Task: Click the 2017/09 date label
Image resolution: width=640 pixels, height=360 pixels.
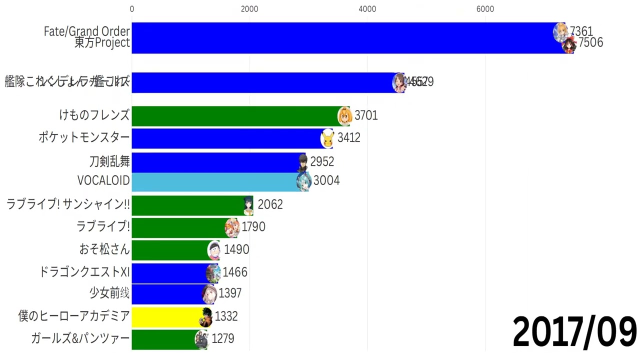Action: (574, 332)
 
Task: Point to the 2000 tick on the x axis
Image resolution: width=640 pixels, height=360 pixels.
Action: (249, 9)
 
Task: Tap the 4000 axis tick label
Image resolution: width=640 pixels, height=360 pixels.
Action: (367, 9)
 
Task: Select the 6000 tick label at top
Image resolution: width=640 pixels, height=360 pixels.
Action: (485, 9)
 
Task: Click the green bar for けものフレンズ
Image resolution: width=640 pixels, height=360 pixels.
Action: (235, 116)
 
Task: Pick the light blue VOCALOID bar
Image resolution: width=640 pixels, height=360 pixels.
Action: (215, 181)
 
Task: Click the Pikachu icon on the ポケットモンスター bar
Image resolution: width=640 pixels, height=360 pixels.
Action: (327, 138)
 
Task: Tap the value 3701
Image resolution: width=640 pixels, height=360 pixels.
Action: (366, 116)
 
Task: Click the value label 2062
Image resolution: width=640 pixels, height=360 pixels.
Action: (270, 204)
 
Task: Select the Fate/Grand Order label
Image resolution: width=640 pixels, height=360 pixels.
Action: (87, 31)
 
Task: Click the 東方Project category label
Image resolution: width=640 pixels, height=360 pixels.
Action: (102, 43)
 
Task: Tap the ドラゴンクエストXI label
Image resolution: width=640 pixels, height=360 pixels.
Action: (84, 272)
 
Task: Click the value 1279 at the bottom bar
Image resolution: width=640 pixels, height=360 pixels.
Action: (222, 338)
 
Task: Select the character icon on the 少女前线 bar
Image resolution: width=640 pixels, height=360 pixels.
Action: (208, 294)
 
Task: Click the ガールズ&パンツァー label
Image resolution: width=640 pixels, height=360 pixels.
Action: (80, 338)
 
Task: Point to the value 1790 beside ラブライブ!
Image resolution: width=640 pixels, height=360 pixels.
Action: (253, 227)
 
